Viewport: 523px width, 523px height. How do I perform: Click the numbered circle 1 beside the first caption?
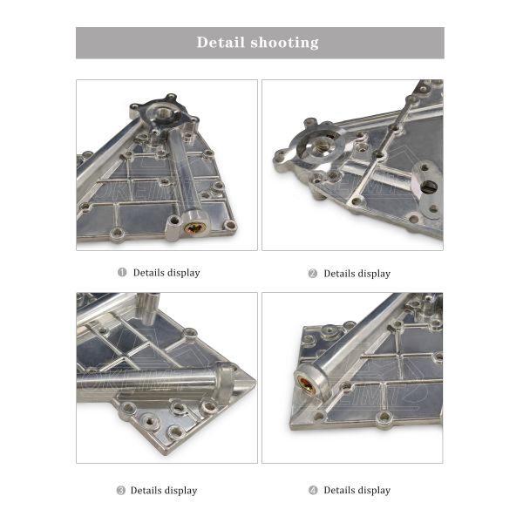[x=122, y=273]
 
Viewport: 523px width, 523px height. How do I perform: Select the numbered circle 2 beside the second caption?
[x=312, y=274]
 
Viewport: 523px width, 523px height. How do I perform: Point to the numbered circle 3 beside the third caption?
[x=121, y=491]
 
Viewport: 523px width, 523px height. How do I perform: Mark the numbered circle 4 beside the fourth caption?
[x=313, y=491]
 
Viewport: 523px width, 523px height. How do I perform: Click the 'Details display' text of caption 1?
[x=166, y=273]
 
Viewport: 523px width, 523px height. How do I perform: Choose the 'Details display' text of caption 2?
[x=357, y=274]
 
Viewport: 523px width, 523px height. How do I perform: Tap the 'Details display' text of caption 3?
[x=164, y=491]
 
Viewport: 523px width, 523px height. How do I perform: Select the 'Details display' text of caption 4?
[x=357, y=491]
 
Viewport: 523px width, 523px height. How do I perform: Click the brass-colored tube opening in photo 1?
[x=197, y=229]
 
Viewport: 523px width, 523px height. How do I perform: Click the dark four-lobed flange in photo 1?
[x=163, y=113]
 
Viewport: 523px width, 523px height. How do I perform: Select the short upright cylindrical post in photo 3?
[x=147, y=307]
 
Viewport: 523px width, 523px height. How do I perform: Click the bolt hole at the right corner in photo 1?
[x=230, y=226]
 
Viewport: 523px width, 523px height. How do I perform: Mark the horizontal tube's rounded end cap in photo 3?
[x=224, y=381]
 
